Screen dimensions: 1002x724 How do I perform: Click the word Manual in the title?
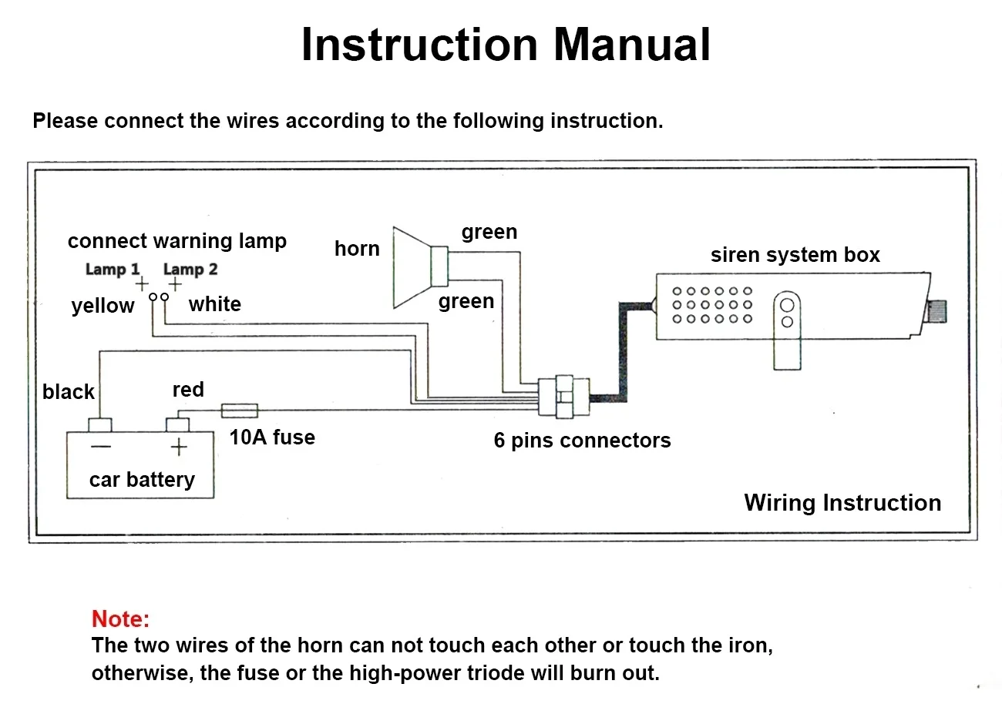tap(632, 44)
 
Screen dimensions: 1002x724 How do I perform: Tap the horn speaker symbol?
tap(421, 267)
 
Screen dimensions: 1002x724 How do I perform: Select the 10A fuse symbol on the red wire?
tap(240, 411)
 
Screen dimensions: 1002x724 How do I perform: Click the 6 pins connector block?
tap(564, 397)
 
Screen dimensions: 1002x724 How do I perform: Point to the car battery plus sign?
tap(179, 447)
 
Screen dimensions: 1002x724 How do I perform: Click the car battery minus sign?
tap(101, 446)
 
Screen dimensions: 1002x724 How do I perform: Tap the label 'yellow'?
tap(103, 306)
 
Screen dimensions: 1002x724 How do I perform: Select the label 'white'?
tap(215, 304)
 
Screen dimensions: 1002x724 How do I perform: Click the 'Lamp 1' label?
tap(113, 269)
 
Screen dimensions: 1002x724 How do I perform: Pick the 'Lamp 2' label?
tap(190, 269)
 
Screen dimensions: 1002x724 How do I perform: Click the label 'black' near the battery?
tap(69, 391)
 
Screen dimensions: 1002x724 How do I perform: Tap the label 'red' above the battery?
tap(188, 389)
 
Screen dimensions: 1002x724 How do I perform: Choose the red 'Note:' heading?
tap(120, 619)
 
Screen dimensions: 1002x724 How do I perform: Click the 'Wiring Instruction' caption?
tap(842, 503)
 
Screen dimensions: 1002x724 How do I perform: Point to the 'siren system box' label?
tap(795, 255)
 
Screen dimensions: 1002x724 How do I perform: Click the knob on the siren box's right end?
tap(937, 311)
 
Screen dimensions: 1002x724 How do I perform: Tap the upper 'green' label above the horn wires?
tap(489, 233)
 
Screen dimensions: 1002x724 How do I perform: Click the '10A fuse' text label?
tap(272, 437)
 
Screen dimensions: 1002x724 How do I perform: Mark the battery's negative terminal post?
tap(99, 424)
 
